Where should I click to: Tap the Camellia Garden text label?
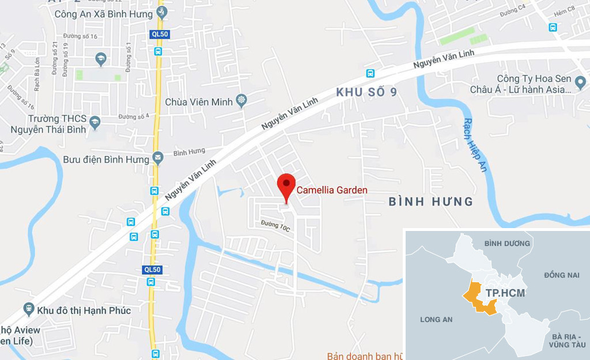pos(332,190)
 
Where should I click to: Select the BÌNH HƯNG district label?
pos(431,202)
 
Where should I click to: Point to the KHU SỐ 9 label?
pos(366,92)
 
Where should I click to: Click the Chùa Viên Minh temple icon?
pos(241,101)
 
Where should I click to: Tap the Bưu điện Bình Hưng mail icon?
pos(158,159)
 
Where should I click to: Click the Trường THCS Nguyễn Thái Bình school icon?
pos(96,122)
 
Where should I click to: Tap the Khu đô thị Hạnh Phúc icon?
pos(29,310)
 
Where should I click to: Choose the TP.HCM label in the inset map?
pos(505,293)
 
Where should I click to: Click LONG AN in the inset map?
pos(436,319)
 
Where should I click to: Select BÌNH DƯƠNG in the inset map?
pos(507,244)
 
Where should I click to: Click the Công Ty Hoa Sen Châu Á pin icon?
pos(580,84)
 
